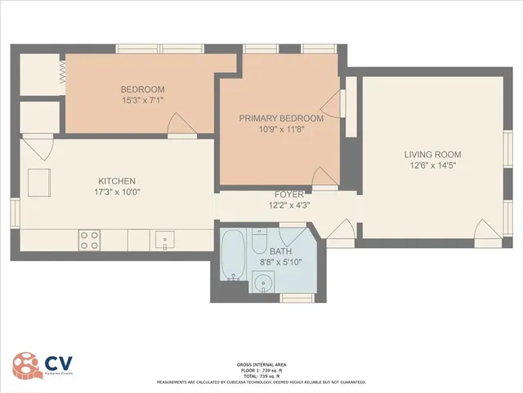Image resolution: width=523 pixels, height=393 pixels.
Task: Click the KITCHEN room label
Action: coord(117,181)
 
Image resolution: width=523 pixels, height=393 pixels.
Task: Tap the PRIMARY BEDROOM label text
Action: coord(281,119)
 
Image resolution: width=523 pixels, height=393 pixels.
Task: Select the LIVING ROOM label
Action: coord(432,154)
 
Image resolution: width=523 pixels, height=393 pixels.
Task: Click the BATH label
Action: coord(280,251)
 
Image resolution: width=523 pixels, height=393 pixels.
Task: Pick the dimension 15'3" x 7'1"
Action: coord(143,101)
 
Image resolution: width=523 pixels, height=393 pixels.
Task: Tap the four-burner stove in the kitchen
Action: coord(89,240)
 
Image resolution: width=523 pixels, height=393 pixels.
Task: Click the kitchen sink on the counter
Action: coord(166,241)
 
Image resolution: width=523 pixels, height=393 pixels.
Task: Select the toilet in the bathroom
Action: coord(257,242)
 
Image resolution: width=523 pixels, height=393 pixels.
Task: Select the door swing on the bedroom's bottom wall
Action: coord(181,124)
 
